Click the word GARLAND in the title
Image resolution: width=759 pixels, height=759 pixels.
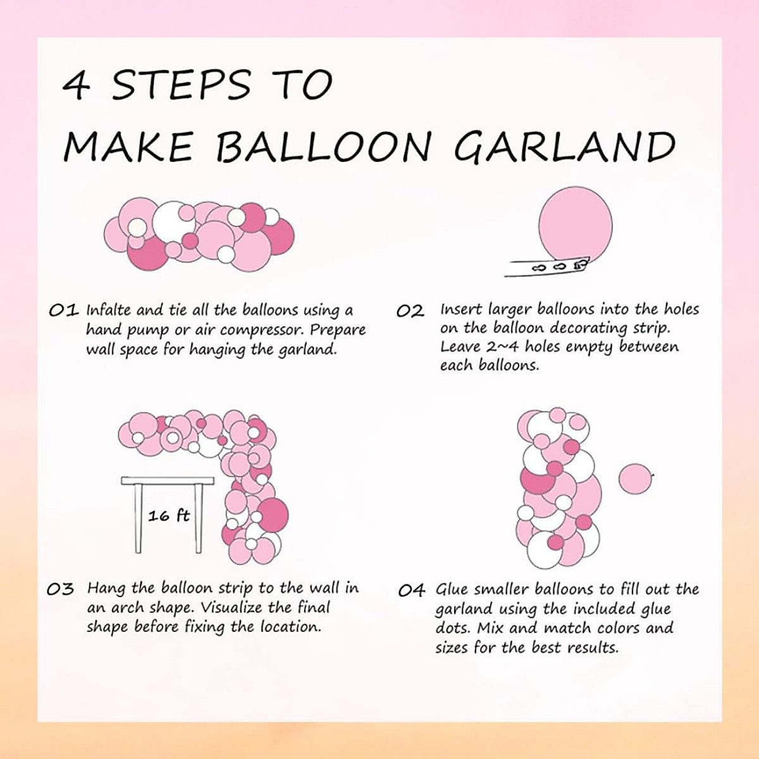pos(564,147)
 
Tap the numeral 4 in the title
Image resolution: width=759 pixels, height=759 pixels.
pos(77,86)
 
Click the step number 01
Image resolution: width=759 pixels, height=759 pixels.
pos(63,311)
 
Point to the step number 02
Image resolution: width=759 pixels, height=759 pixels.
pos(410,311)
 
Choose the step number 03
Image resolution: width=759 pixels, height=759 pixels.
pos(61,589)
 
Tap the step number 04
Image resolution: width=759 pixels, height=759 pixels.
pos(411,591)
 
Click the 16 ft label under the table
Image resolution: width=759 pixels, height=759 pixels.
pos(169,516)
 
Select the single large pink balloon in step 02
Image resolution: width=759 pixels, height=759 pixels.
pos(576,225)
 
